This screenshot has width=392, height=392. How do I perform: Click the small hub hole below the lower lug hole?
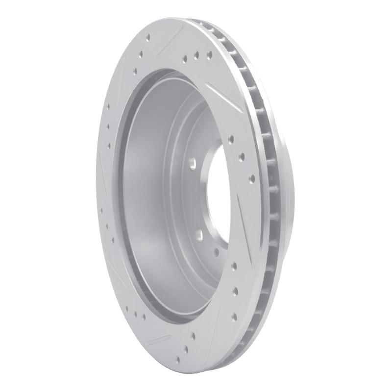216,253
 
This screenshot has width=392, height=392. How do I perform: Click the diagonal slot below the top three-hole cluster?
220,96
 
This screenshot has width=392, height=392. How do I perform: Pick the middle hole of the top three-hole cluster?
196,55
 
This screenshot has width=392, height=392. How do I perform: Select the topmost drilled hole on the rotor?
147,36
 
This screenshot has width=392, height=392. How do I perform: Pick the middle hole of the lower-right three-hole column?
235,291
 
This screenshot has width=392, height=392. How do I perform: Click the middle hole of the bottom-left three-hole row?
134,313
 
